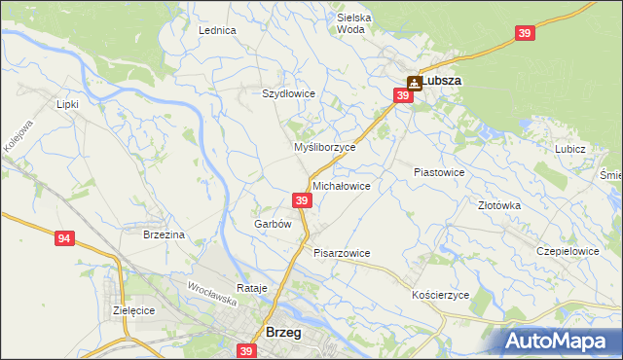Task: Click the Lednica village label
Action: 217,30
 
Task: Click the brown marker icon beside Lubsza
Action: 413,83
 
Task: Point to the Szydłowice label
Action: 288,93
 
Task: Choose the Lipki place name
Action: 67,103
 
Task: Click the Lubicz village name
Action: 569,149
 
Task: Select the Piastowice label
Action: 438,171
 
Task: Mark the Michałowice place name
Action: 341,185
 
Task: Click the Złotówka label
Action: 499,205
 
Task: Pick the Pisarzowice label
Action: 342,253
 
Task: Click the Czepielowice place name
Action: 568,250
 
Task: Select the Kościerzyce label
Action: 441,294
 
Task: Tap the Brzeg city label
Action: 283,332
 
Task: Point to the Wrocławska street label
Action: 212,288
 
